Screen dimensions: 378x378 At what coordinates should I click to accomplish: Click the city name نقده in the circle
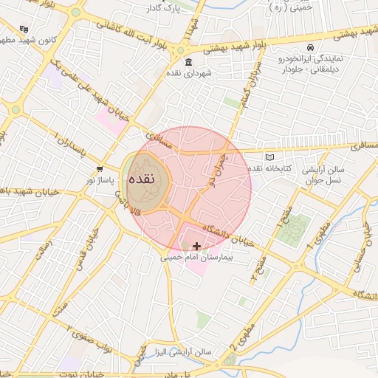pyautogui.click(x=141, y=180)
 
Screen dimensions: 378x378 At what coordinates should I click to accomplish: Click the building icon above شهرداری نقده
pyautogui.click(x=189, y=61)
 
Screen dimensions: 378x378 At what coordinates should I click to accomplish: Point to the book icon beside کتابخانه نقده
pyautogui.click(x=269, y=157)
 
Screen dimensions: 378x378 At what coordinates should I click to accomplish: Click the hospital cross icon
pyautogui.click(x=196, y=246)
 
